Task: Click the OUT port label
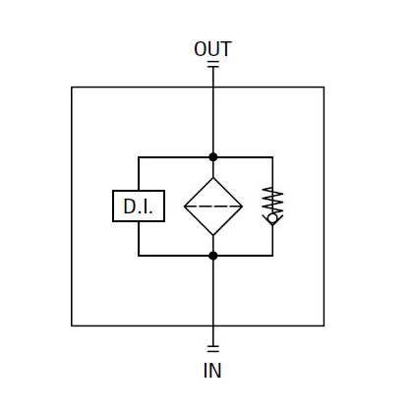click(212, 49)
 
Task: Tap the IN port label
click(212, 371)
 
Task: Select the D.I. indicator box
click(139, 206)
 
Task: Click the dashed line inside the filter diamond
click(213, 207)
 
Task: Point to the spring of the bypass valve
click(274, 201)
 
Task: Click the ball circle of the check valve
click(272, 218)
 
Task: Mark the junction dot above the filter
click(213, 157)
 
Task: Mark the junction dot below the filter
click(213, 256)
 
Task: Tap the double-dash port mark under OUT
click(213, 65)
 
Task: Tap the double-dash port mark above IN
click(213, 349)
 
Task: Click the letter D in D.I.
click(129, 207)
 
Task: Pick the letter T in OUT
click(226, 49)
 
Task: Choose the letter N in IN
click(215, 371)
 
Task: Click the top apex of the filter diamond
click(213, 178)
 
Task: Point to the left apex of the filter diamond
click(185, 207)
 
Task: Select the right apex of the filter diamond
click(242, 207)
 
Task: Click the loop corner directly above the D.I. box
click(139, 157)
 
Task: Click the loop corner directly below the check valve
click(272, 256)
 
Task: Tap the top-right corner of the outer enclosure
click(324, 88)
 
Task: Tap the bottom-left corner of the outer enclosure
click(72, 325)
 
